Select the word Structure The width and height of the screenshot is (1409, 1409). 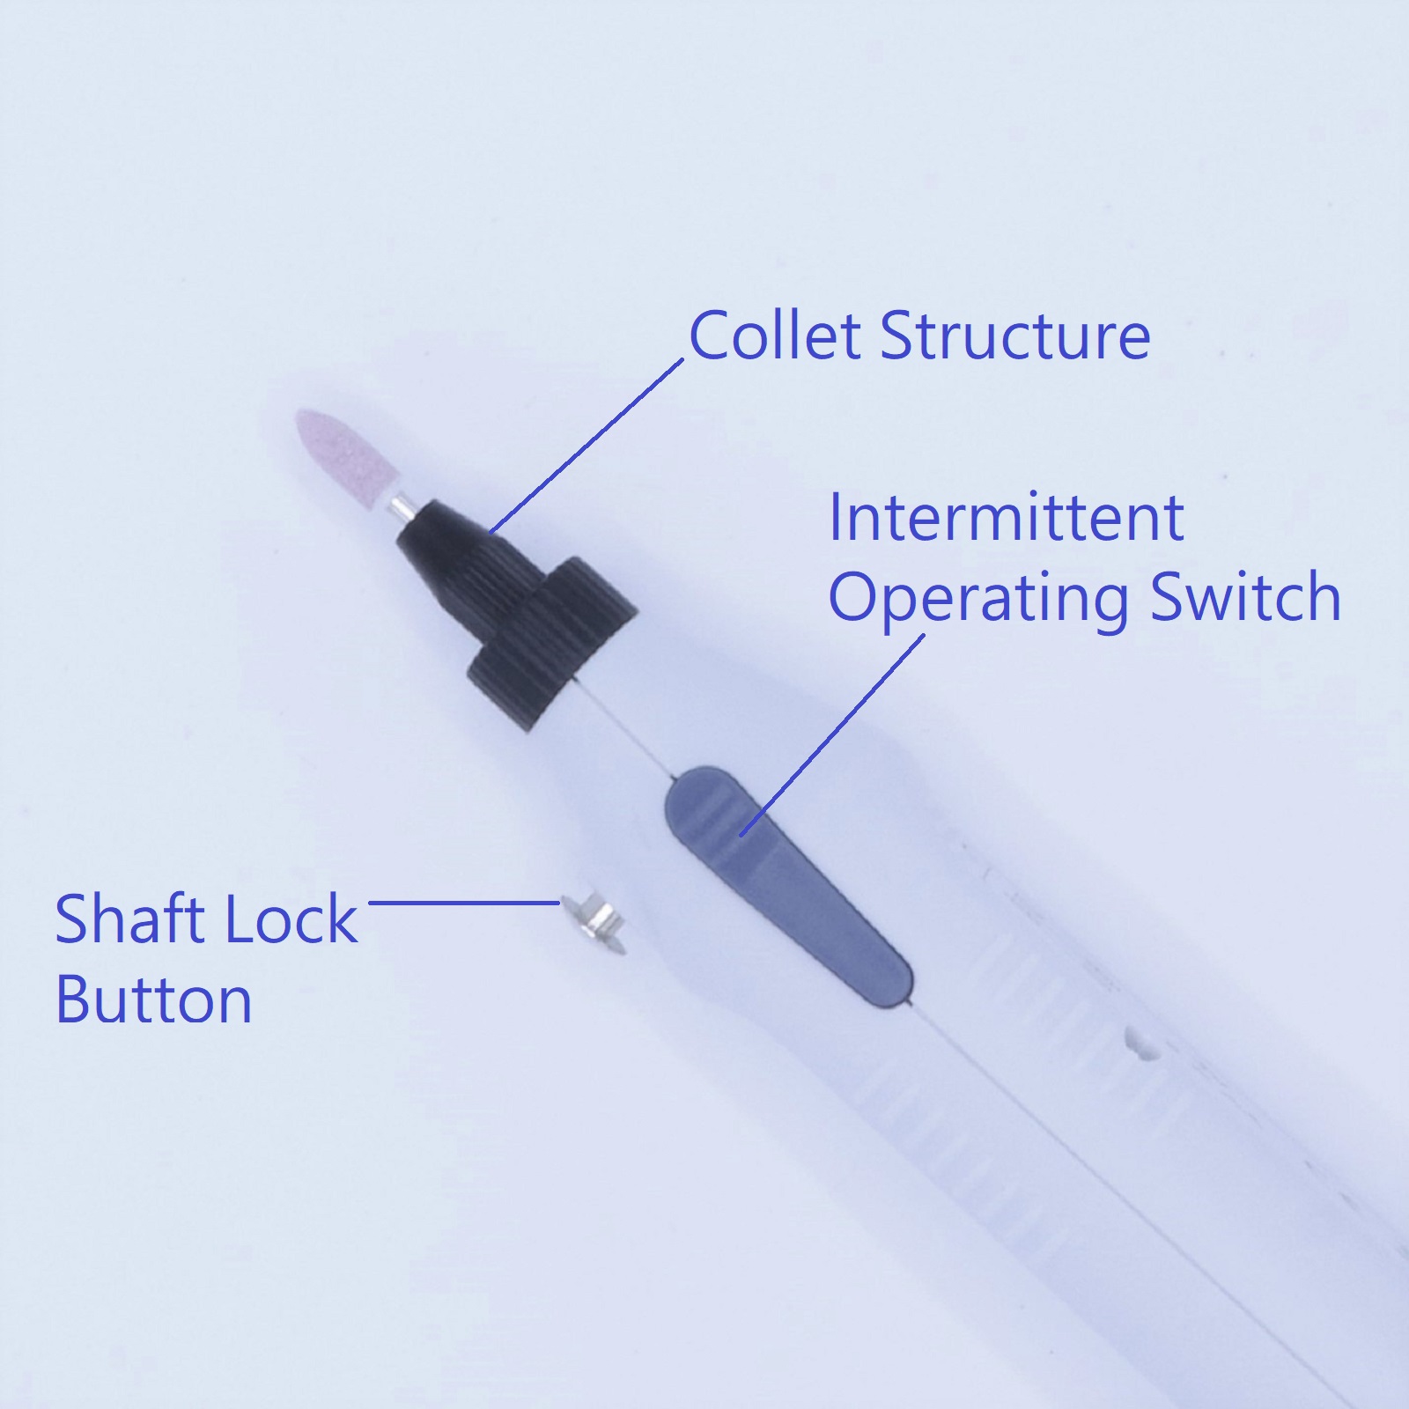point(1014,336)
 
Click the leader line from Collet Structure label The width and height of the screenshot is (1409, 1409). point(586,446)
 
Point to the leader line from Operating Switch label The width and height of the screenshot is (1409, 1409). point(832,734)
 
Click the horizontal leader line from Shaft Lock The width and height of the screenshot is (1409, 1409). point(465,902)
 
